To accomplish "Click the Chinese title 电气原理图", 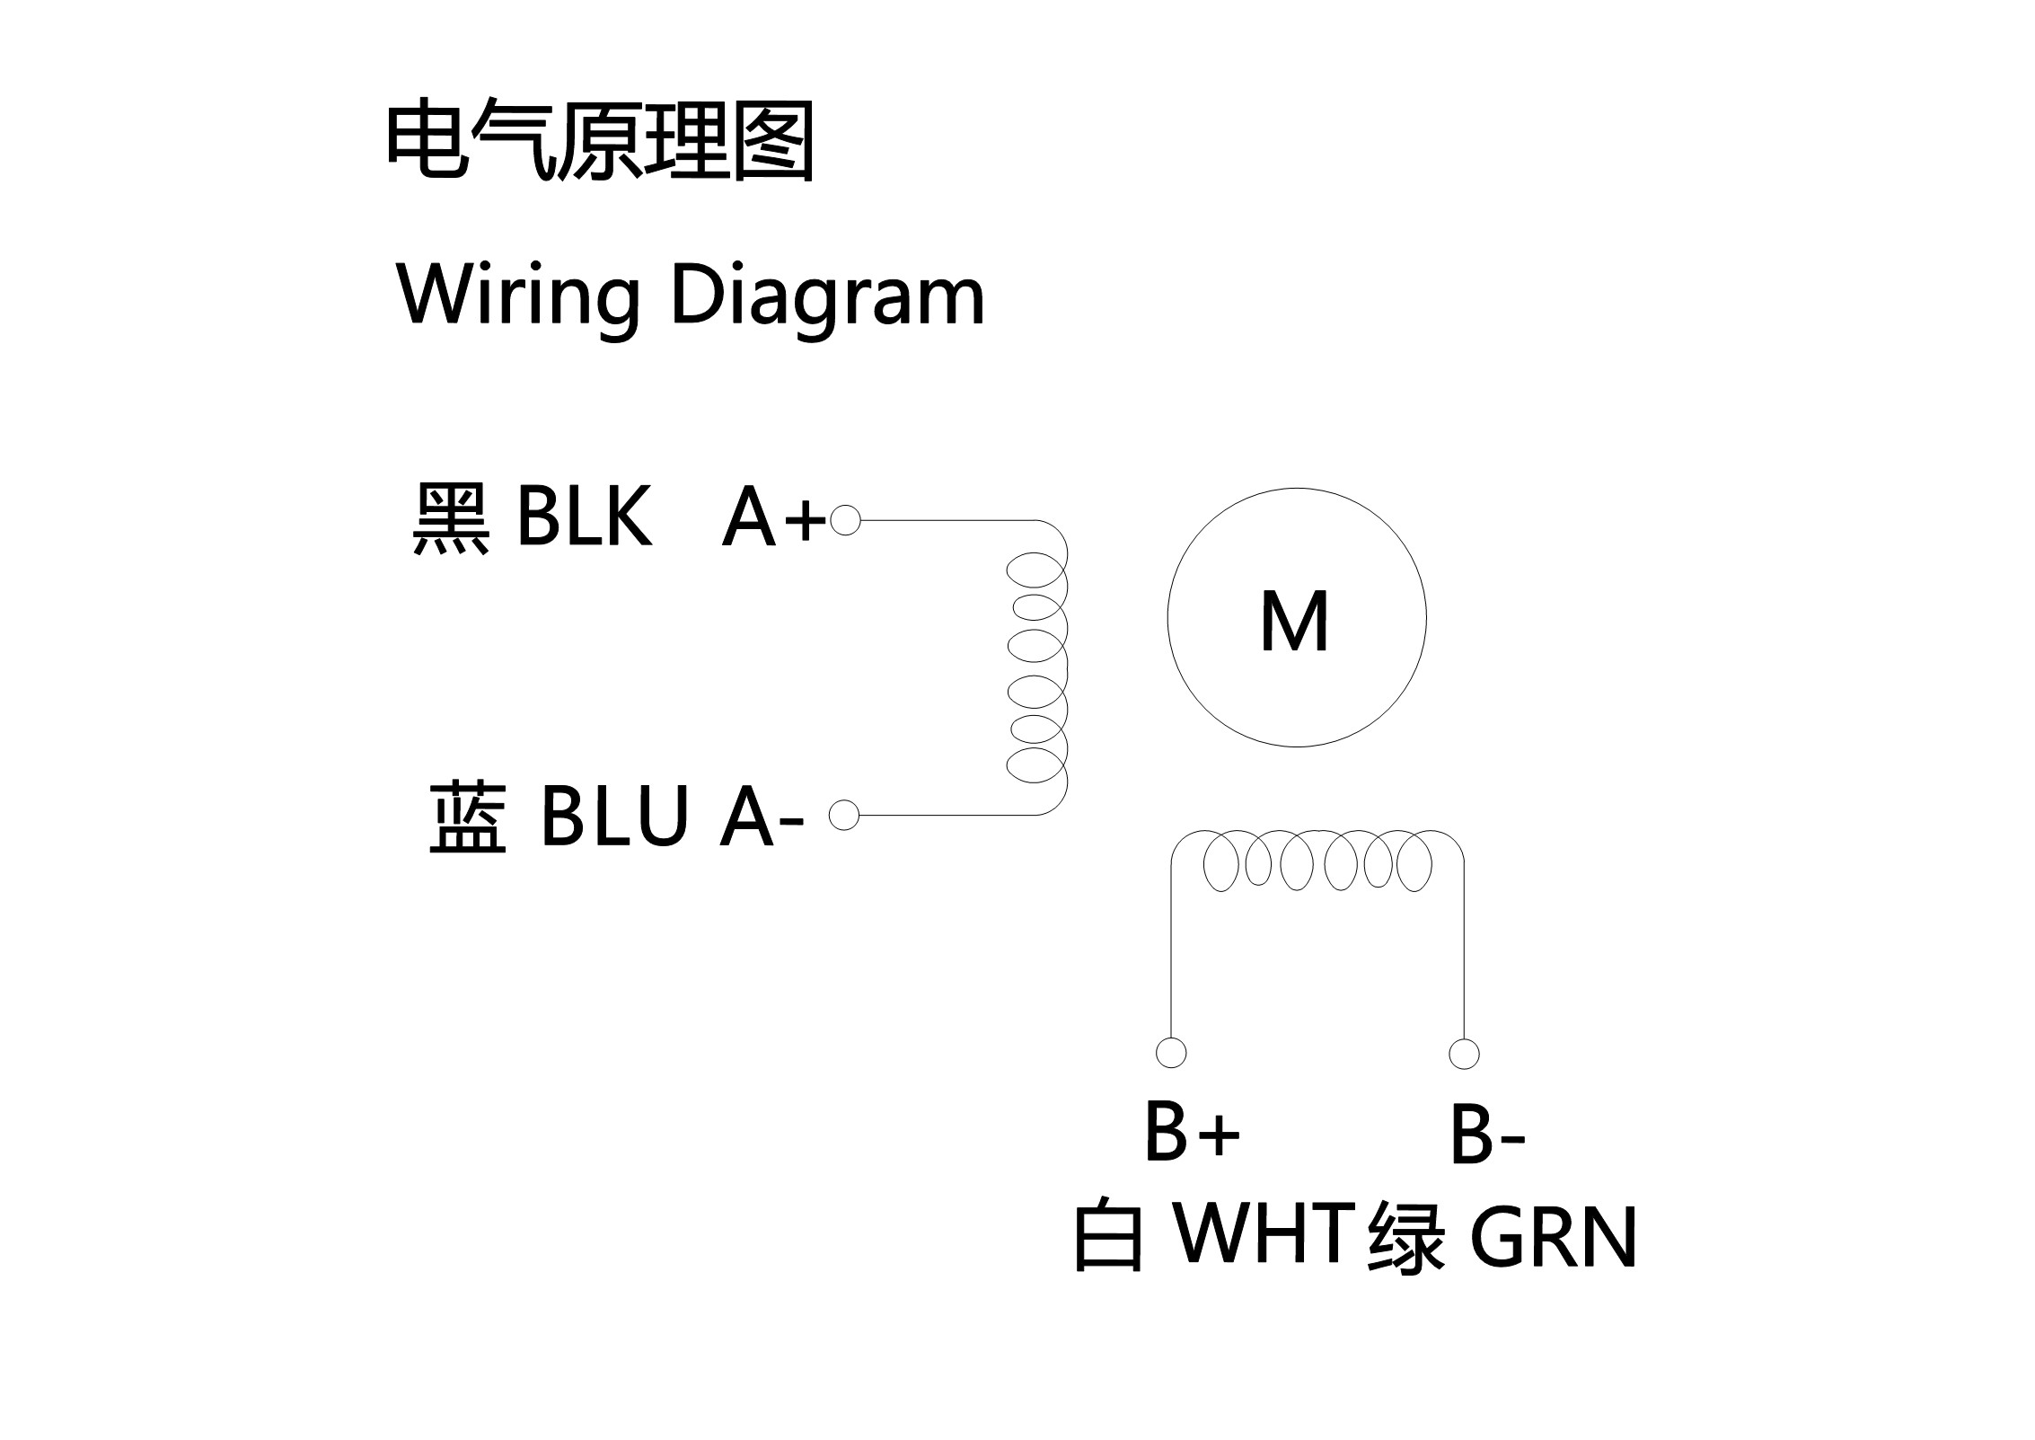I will pyautogui.click(x=600, y=142).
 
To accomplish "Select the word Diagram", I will pyautogui.click(x=827, y=296).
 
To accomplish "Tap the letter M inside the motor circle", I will pyautogui.click(x=1294, y=622).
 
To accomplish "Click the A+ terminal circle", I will pyautogui.click(x=845, y=520).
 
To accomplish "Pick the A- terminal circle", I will pyautogui.click(x=844, y=815).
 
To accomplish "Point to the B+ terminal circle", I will pyautogui.click(x=1171, y=1053).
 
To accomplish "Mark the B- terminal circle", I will pyautogui.click(x=1464, y=1053).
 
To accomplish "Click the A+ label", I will pyautogui.click(x=773, y=518).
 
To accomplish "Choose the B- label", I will pyautogui.click(x=1487, y=1135).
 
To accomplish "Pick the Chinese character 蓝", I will pyautogui.click(x=467, y=817).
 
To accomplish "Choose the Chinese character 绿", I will pyautogui.click(x=1406, y=1238).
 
